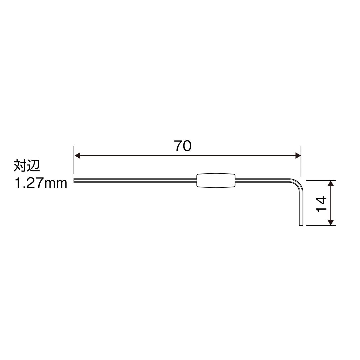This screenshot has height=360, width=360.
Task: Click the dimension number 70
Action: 183,146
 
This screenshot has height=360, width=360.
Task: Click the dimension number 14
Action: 321,204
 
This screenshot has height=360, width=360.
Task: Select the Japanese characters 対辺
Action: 27,166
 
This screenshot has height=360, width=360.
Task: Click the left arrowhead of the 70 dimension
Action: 77,156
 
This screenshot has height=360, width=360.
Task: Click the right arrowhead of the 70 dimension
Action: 298,156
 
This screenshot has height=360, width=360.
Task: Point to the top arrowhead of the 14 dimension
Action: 330,183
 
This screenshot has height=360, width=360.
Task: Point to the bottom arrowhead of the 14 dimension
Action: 330,223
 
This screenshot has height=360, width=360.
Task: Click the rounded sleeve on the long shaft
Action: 216,180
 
